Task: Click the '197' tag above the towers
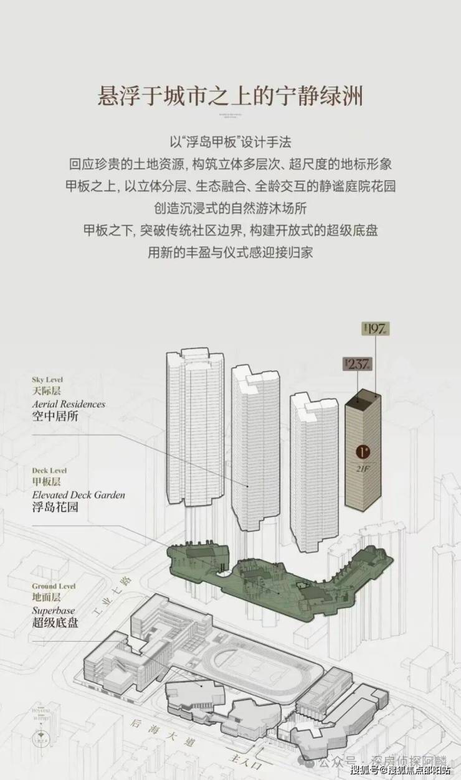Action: (x=375, y=329)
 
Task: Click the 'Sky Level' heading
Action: (x=47, y=380)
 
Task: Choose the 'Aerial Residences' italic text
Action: (x=69, y=404)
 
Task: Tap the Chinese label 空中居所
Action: (x=55, y=416)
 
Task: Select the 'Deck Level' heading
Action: (x=49, y=471)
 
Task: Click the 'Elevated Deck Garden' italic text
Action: (x=78, y=495)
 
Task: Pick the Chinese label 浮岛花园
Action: (x=55, y=507)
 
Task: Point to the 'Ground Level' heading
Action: (x=54, y=586)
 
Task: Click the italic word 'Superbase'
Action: (x=53, y=611)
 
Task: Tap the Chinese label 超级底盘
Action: (x=55, y=623)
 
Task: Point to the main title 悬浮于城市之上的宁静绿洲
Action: (x=230, y=97)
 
